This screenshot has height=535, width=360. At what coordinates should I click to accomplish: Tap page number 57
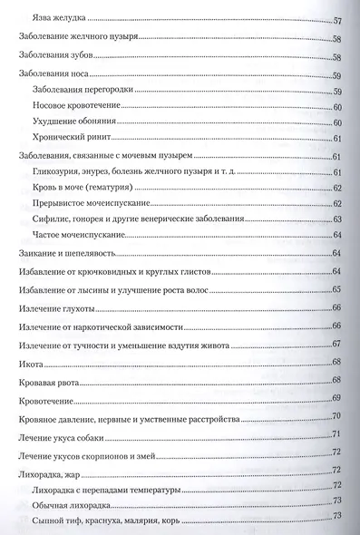336,19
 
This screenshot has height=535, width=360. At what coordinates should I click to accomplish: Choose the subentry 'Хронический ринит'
69,138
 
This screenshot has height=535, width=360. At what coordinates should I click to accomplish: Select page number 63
336,219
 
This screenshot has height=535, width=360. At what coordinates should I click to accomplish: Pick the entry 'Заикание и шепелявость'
63,251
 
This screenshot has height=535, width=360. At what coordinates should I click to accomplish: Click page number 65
336,289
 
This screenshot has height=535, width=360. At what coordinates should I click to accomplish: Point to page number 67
336,344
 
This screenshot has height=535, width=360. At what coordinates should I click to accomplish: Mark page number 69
336,399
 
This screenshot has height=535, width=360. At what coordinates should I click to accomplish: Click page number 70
336,416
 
